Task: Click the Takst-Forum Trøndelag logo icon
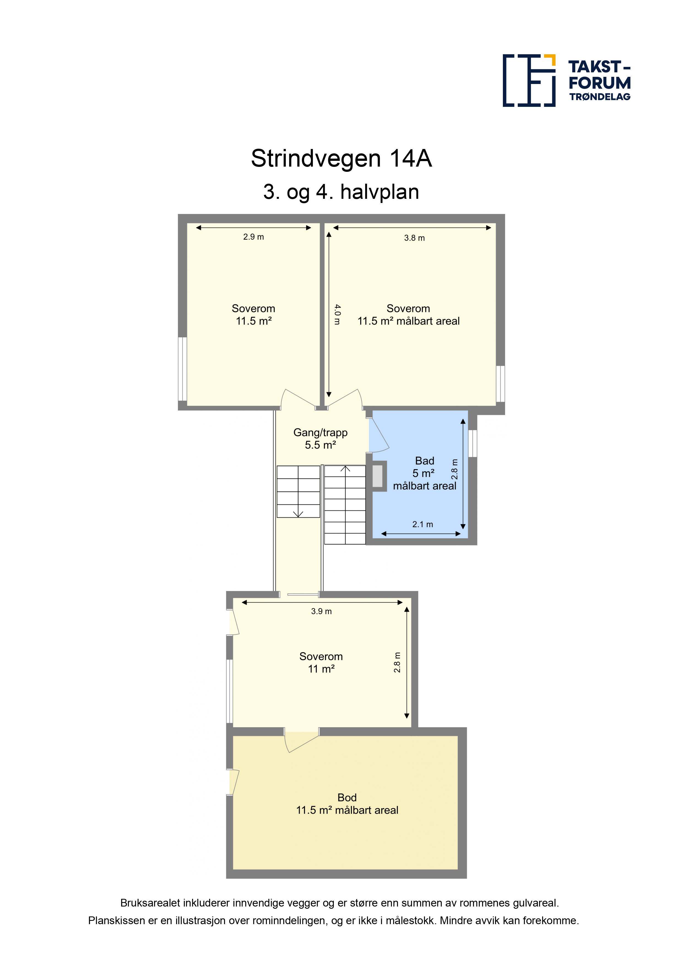[x=529, y=80]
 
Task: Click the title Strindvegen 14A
[x=341, y=159]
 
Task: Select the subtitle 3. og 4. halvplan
[x=341, y=192]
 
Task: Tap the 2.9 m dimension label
[x=253, y=237]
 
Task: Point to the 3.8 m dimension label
[x=414, y=238]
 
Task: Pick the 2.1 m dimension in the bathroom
[x=422, y=525]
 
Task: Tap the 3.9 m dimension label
[x=321, y=611]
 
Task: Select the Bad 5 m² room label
[x=425, y=473]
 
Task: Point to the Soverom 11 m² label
[x=321, y=663]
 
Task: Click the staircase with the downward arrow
[x=298, y=492]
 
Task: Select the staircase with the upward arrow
[x=345, y=504]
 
